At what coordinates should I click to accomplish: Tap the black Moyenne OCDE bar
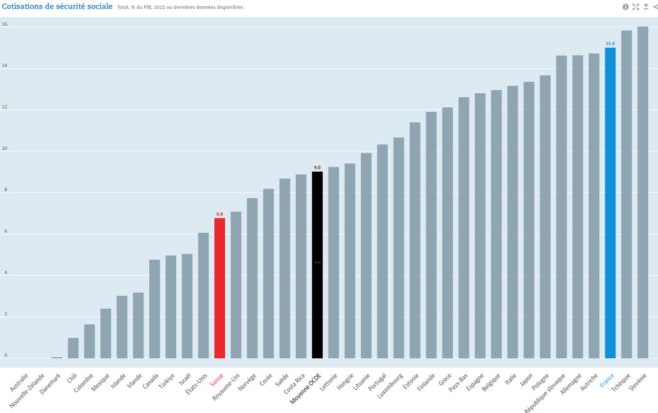(x=317, y=264)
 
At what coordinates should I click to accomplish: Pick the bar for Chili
(x=73, y=348)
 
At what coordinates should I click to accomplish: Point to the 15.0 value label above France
(x=610, y=44)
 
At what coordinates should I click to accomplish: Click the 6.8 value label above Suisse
(x=219, y=214)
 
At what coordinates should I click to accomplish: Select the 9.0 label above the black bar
(x=317, y=167)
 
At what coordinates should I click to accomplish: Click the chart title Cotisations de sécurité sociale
(x=58, y=6)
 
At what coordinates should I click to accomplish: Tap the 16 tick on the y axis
(x=5, y=24)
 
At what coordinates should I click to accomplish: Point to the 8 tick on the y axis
(x=5, y=190)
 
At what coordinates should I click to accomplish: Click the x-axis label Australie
(x=20, y=380)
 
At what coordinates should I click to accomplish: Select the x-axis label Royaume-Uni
(x=226, y=385)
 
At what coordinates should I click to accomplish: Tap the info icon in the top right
(x=625, y=6)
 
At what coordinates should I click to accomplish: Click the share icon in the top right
(x=655, y=6)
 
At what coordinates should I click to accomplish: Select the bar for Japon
(x=529, y=219)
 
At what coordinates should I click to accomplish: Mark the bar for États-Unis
(x=203, y=295)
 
